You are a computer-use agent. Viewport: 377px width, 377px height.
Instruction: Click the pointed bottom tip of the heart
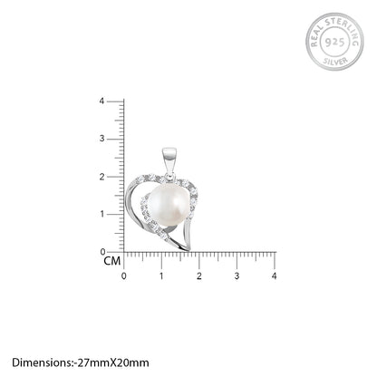click(188, 250)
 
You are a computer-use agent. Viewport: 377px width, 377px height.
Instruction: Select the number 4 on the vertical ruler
click(101, 101)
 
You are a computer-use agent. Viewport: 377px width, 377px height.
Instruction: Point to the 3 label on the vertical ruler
click(101, 139)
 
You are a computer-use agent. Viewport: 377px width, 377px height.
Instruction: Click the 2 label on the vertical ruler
click(101, 177)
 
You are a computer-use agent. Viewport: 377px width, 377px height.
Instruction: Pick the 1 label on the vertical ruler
click(101, 214)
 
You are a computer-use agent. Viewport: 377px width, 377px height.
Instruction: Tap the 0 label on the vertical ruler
click(102, 252)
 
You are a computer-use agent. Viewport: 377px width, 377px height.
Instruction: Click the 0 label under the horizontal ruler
click(124, 276)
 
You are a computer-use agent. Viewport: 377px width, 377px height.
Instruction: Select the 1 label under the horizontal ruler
click(161, 276)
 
